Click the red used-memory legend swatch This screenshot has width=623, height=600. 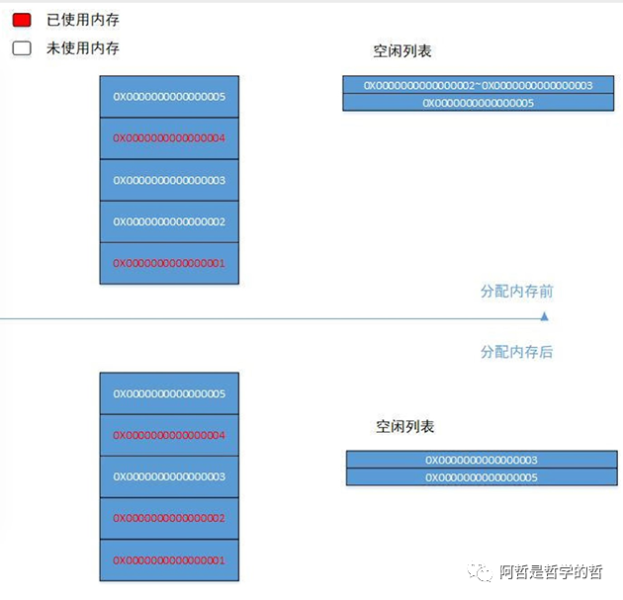tap(22, 20)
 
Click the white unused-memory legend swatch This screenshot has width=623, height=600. tap(22, 47)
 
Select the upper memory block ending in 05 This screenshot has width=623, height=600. tap(169, 97)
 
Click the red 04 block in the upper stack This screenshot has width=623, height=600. tap(169, 138)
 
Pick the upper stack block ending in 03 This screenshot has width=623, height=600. tap(169, 180)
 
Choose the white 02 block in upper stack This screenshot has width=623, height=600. tap(169, 221)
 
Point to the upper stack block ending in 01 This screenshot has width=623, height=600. tap(169, 263)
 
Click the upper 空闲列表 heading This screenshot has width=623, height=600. tap(403, 50)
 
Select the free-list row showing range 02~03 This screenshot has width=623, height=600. tap(478, 86)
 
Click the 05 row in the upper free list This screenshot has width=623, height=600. tap(478, 103)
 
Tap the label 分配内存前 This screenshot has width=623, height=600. tap(516, 292)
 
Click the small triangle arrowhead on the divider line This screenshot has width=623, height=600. tap(543, 317)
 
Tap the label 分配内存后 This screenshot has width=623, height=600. tap(516, 352)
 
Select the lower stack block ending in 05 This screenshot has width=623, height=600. tap(169, 393)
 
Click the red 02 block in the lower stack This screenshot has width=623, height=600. tap(169, 518)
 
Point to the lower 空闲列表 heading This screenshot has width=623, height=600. tap(404, 427)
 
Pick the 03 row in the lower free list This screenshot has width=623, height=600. tap(481, 460)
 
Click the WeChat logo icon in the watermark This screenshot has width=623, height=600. tap(481, 571)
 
